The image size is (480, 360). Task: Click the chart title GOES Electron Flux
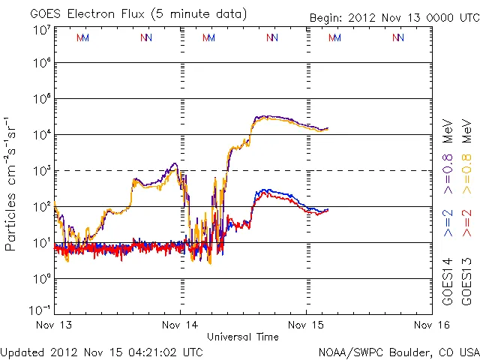128,14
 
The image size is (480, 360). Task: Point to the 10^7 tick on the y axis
42,30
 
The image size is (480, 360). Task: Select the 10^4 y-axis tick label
42,135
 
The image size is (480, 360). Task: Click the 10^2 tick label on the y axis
42,206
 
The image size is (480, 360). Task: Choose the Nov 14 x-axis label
180,325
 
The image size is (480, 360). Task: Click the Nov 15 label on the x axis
306,325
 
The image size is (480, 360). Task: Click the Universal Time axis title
242,337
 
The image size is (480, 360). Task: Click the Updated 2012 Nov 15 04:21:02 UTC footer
101,351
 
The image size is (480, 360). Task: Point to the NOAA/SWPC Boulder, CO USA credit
397,351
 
